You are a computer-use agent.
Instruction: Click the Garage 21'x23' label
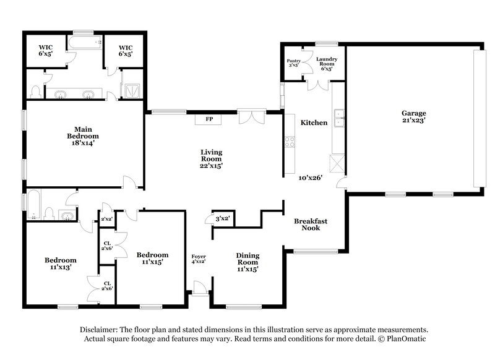[x=414, y=117]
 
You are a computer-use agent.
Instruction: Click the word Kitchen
[x=314, y=122]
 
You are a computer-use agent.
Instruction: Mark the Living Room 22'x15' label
[x=211, y=158]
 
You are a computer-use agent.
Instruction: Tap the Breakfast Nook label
[x=311, y=224]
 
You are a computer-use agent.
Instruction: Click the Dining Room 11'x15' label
[x=247, y=262]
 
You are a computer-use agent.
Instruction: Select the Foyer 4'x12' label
[x=199, y=259]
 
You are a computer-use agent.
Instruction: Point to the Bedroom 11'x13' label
[x=60, y=264]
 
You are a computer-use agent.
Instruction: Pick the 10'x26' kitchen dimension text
[x=311, y=178]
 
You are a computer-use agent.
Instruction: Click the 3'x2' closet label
[x=223, y=218]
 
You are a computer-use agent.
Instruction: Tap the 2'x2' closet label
[x=106, y=218]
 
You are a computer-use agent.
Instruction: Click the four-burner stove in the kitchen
[x=289, y=142]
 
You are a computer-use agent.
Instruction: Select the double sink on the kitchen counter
[x=338, y=117]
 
